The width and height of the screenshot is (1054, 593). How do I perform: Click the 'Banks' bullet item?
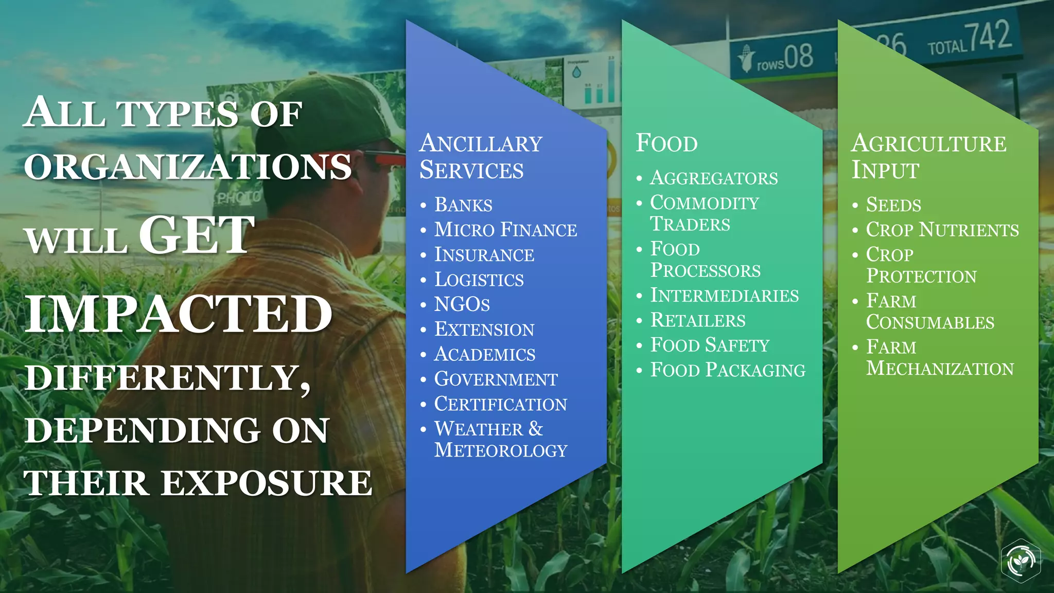point(463,205)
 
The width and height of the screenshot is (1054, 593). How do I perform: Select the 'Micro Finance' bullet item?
point(505,230)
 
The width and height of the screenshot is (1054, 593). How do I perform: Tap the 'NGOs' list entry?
point(462,304)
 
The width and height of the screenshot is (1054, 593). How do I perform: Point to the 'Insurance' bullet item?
point(484,254)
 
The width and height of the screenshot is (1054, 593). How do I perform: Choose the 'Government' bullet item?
point(496,379)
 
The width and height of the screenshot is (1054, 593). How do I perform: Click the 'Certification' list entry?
point(500,404)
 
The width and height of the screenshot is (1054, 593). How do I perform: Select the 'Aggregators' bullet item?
point(714,178)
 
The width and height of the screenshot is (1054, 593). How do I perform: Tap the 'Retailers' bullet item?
point(698,320)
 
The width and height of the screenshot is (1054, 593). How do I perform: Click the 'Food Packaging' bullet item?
point(728,370)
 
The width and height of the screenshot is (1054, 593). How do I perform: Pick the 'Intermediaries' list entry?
point(725,295)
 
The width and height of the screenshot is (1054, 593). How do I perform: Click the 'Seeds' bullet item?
point(893,205)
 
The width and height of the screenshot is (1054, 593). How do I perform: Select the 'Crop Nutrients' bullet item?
point(942,230)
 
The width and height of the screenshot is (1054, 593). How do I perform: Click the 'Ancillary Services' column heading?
point(481,156)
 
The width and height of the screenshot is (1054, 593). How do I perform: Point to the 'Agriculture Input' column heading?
point(928,156)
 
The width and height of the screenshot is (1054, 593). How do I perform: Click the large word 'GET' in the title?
point(197,235)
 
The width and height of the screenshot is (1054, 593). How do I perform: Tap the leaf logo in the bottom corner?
point(1021,561)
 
